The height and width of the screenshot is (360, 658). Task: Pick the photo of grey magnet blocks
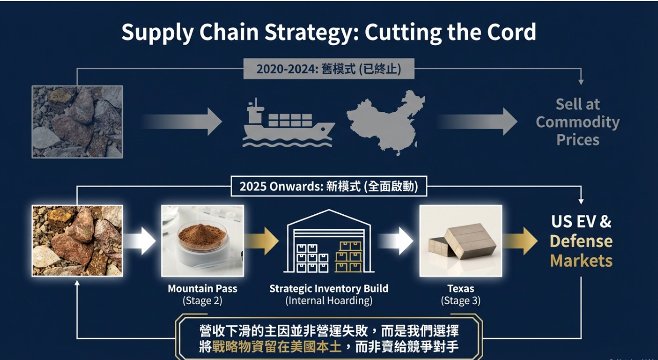461,241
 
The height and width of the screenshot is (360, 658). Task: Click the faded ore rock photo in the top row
77,122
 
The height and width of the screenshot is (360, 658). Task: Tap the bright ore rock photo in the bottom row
77,241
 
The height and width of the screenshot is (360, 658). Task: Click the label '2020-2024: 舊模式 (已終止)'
328,69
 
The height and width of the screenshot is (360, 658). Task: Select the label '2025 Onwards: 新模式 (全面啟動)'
328,187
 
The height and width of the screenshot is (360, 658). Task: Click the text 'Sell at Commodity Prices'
578,122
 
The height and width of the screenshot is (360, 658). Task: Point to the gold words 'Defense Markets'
581,251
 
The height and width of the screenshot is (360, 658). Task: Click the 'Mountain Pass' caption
202,289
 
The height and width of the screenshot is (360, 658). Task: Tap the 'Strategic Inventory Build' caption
328,289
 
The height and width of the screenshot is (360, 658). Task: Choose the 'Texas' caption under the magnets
460,289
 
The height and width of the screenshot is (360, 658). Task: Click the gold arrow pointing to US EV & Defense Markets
520,241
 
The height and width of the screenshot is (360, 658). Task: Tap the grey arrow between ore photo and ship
182,122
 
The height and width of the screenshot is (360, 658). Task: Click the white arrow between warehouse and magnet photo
396,241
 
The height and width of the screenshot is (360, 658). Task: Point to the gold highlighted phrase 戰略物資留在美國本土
277,347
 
